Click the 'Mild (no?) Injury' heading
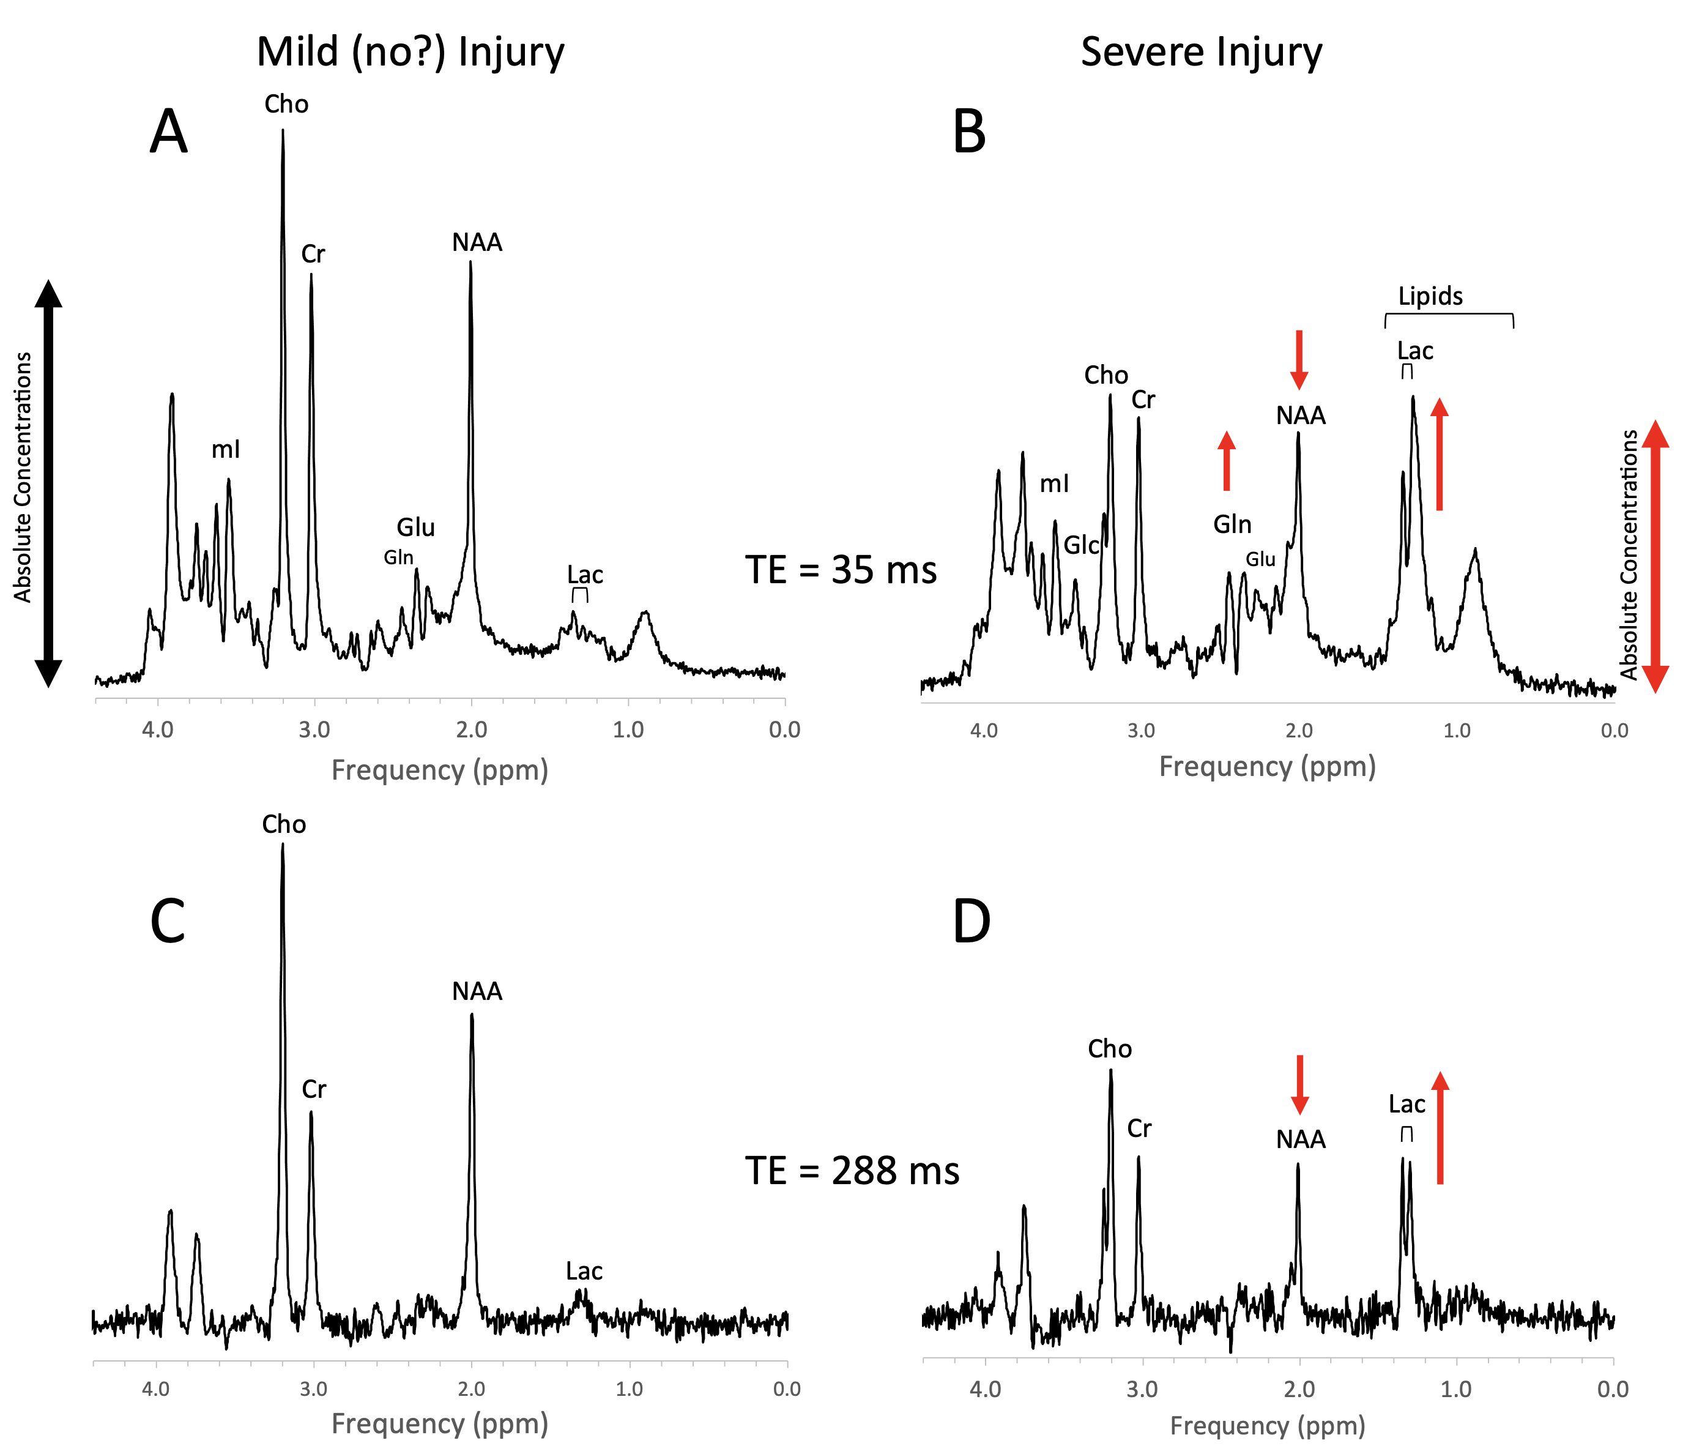[x=410, y=52]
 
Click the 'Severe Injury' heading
[x=1201, y=52]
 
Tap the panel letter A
[x=168, y=132]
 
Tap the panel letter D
[x=971, y=921]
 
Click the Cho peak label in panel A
[x=286, y=104]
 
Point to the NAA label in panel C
[x=477, y=991]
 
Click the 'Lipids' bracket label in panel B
[x=1430, y=297]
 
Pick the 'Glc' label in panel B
[x=1081, y=545]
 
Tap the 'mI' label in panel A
[x=226, y=449]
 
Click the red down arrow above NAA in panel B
[x=1299, y=359]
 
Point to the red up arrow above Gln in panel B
[x=1227, y=461]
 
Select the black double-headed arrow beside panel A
[x=48, y=483]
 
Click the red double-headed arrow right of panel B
[x=1655, y=556]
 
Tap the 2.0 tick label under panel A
[x=472, y=729]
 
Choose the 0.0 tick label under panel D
[x=1613, y=1389]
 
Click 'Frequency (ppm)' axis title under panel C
[x=439, y=1423]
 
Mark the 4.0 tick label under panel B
[x=984, y=730]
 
